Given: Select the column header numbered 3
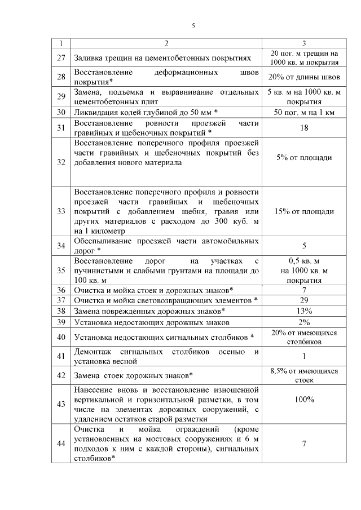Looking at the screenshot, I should coord(304,43).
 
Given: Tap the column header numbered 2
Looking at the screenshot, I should coord(166,43).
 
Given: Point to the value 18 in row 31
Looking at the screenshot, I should coord(304,128).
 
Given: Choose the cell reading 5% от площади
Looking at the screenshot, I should coord(304,158).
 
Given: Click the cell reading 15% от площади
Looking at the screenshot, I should coord(304,211).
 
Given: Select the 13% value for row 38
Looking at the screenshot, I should coord(304,311).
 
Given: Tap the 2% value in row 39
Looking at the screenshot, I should coord(304,322).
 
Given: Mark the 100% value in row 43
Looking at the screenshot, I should coord(304,399).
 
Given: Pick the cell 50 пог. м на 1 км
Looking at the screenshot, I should coord(304,113).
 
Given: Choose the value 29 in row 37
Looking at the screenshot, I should coord(304,300).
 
